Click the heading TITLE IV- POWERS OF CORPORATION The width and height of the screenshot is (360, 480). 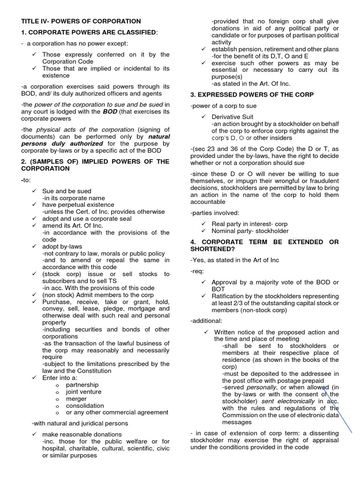point(81,21)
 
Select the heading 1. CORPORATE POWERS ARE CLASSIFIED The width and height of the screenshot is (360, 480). point(90,32)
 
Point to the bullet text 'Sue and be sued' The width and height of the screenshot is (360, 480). point(67,191)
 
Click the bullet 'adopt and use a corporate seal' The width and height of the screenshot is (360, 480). point(87,218)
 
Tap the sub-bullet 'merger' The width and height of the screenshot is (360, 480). point(76,399)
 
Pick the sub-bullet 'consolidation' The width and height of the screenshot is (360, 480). point(85,405)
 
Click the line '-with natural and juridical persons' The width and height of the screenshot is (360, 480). point(80,423)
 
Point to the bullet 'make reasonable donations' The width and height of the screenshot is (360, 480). point(82,435)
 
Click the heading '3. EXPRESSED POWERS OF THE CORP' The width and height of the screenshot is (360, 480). point(252,95)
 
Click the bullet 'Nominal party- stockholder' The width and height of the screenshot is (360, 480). point(250,231)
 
